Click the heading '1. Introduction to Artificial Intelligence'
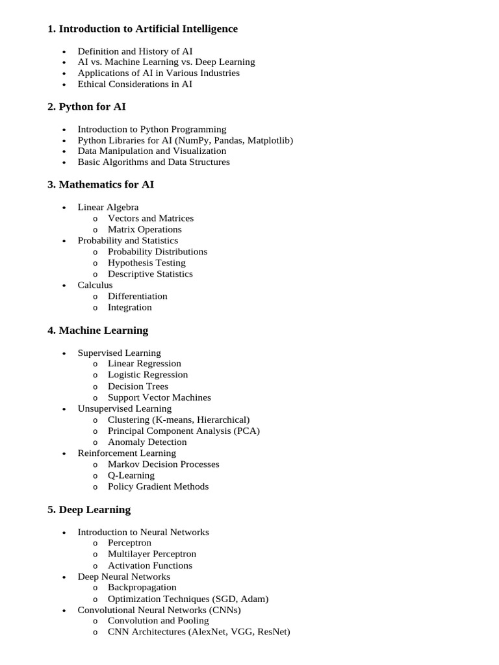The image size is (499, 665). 142,29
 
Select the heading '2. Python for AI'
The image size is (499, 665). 86,107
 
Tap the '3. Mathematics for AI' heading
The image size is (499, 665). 101,184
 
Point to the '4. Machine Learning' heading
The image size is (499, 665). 97,330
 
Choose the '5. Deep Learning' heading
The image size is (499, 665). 89,509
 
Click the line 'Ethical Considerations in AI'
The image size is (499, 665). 135,84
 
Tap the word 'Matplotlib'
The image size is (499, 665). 268,140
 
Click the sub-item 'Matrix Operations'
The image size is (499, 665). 145,229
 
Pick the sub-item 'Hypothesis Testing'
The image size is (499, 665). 147,262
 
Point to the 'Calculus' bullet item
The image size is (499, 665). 95,284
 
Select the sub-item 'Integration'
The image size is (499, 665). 130,307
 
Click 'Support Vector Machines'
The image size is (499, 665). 159,397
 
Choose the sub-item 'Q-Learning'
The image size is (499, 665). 131,475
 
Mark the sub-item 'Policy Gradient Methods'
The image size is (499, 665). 159,486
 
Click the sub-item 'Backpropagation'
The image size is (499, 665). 142,587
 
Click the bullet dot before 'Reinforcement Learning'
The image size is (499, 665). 64,453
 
